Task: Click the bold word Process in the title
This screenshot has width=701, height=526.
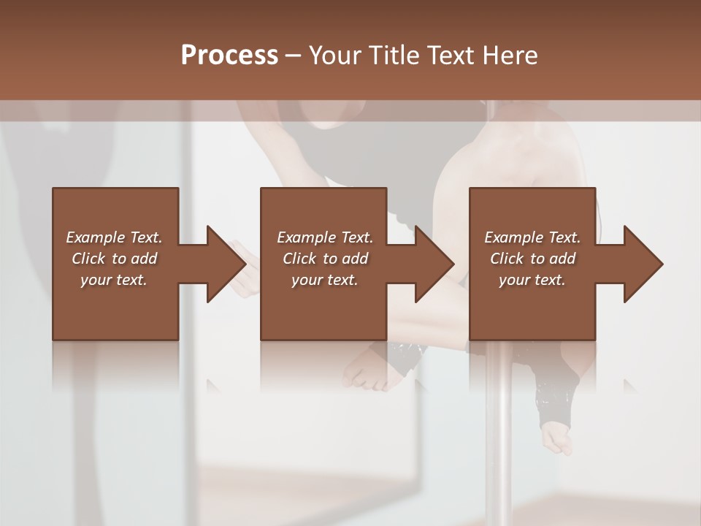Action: click(x=229, y=56)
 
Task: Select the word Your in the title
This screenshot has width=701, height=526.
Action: click(x=336, y=56)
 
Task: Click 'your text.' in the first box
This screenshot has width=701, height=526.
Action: click(x=114, y=280)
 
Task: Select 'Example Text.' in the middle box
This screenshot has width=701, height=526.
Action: click(x=325, y=237)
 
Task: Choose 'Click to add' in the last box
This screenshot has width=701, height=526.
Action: click(x=533, y=259)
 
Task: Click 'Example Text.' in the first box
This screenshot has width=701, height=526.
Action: click(x=114, y=237)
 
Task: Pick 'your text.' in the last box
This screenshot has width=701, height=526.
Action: click(x=532, y=280)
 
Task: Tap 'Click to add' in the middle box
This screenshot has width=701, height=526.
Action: click(x=325, y=259)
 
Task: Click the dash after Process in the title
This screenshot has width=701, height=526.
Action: click(x=294, y=56)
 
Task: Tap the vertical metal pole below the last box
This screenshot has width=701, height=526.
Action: click(x=501, y=438)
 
